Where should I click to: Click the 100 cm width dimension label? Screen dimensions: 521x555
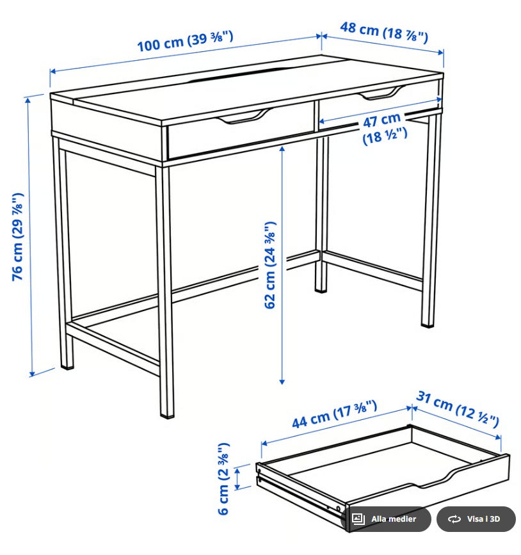[x=185, y=42]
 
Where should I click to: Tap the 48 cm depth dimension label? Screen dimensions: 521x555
[x=384, y=32]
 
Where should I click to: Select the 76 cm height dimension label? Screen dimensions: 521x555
[x=18, y=237]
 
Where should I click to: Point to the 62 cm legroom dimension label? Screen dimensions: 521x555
[x=270, y=265]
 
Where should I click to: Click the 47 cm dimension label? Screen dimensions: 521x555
[x=385, y=129]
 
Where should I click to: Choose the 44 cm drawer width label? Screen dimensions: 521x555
[x=334, y=414]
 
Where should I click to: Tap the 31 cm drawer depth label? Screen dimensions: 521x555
[x=458, y=408]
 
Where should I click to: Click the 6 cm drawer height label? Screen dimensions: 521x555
[x=223, y=478]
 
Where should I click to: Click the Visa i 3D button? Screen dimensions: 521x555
[x=476, y=519]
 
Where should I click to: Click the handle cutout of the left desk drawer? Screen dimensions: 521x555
[x=244, y=116]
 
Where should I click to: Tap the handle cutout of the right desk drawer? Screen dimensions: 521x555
[x=381, y=93]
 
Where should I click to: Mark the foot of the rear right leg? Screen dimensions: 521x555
[x=428, y=322]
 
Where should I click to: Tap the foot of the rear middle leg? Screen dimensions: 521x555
[x=321, y=289]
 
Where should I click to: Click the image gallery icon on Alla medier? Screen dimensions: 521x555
[x=358, y=519]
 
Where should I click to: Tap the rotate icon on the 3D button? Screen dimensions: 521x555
[x=454, y=519]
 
